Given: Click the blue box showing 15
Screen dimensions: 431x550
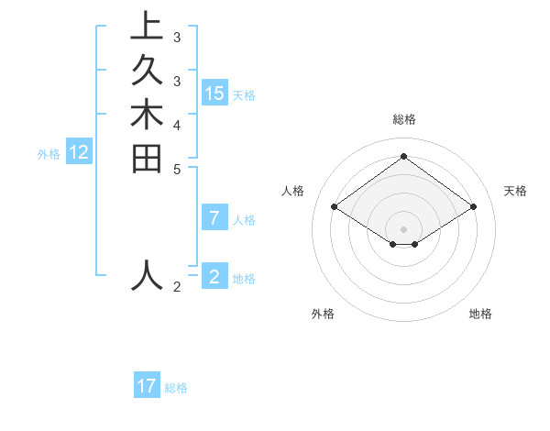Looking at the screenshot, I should coord(214,94).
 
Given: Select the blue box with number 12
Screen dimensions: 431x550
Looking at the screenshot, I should coord(79,153).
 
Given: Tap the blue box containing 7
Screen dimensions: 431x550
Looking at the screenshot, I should coord(214,218).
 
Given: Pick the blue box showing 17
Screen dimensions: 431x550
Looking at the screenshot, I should coord(147,386).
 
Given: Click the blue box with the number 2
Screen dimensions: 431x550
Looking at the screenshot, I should coord(214,277).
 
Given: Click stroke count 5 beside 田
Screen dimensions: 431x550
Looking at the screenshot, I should coord(177,169).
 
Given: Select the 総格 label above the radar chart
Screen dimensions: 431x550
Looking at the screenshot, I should coord(403,119).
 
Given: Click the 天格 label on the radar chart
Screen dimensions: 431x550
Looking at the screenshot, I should coord(515,191).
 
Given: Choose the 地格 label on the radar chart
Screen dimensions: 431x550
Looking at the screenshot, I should coord(480,314).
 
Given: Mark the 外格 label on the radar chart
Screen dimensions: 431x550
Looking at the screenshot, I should coord(323,314).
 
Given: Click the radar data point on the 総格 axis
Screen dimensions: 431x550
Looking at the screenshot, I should coord(403,156).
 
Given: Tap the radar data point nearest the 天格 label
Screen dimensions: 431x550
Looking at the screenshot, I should coord(473,207).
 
